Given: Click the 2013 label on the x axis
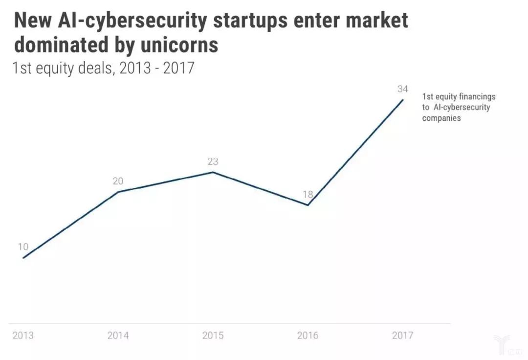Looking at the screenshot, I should point(23,336).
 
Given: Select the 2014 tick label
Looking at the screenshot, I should point(118,336).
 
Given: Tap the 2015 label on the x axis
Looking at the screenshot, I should point(213,336).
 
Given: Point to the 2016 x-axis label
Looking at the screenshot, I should point(308,336).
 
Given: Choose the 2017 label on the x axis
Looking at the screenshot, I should point(402,336).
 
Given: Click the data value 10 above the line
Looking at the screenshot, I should point(23,247).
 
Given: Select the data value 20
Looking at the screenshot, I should point(118,181).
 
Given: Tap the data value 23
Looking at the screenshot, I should point(213,161).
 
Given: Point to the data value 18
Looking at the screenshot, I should point(308,194).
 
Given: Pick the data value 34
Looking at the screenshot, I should point(402,89).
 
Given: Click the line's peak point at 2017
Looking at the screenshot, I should point(403,100).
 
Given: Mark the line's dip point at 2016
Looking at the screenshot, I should point(308,205).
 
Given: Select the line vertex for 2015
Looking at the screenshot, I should point(213,172).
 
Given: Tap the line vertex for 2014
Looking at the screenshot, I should point(118,192).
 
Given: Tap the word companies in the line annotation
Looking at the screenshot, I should point(441,118).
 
